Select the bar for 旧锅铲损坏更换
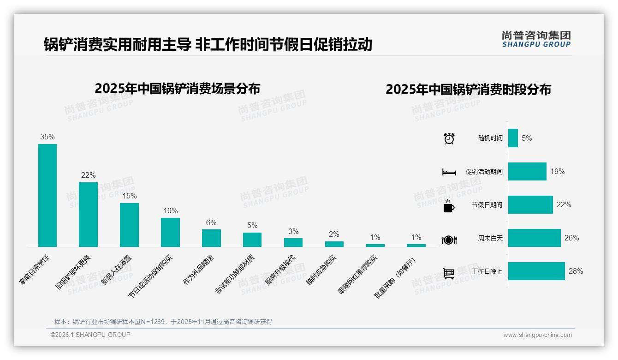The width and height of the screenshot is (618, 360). [x=88, y=215]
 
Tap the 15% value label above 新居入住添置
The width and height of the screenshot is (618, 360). [x=130, y=196]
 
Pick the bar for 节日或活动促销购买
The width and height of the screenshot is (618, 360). [x=170, y=232]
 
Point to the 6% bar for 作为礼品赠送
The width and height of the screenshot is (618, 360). [x=211, y=238]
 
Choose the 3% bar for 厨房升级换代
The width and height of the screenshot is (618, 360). [x=293, y=242]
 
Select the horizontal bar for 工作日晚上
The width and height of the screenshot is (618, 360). [x=536, y=271]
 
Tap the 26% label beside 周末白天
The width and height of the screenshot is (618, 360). [x=571, y=238]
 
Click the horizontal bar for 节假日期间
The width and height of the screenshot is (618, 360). [x=530, y=204]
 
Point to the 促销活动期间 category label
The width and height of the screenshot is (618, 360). [x=484, y=172]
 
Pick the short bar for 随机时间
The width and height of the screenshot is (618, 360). [x=513, y=138]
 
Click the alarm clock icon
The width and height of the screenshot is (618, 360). [x=449, y=138]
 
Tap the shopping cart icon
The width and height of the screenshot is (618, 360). [x=449, y=273]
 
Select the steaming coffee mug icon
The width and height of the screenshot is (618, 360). [x=449, y=206]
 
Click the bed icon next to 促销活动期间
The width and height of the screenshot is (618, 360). [x=449, y=172]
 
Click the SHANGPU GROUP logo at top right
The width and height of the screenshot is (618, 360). [x=536, y=39]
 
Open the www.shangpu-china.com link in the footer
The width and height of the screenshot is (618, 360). [x=537, y=335]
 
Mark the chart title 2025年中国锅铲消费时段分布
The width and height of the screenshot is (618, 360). [x=468, y=90]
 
